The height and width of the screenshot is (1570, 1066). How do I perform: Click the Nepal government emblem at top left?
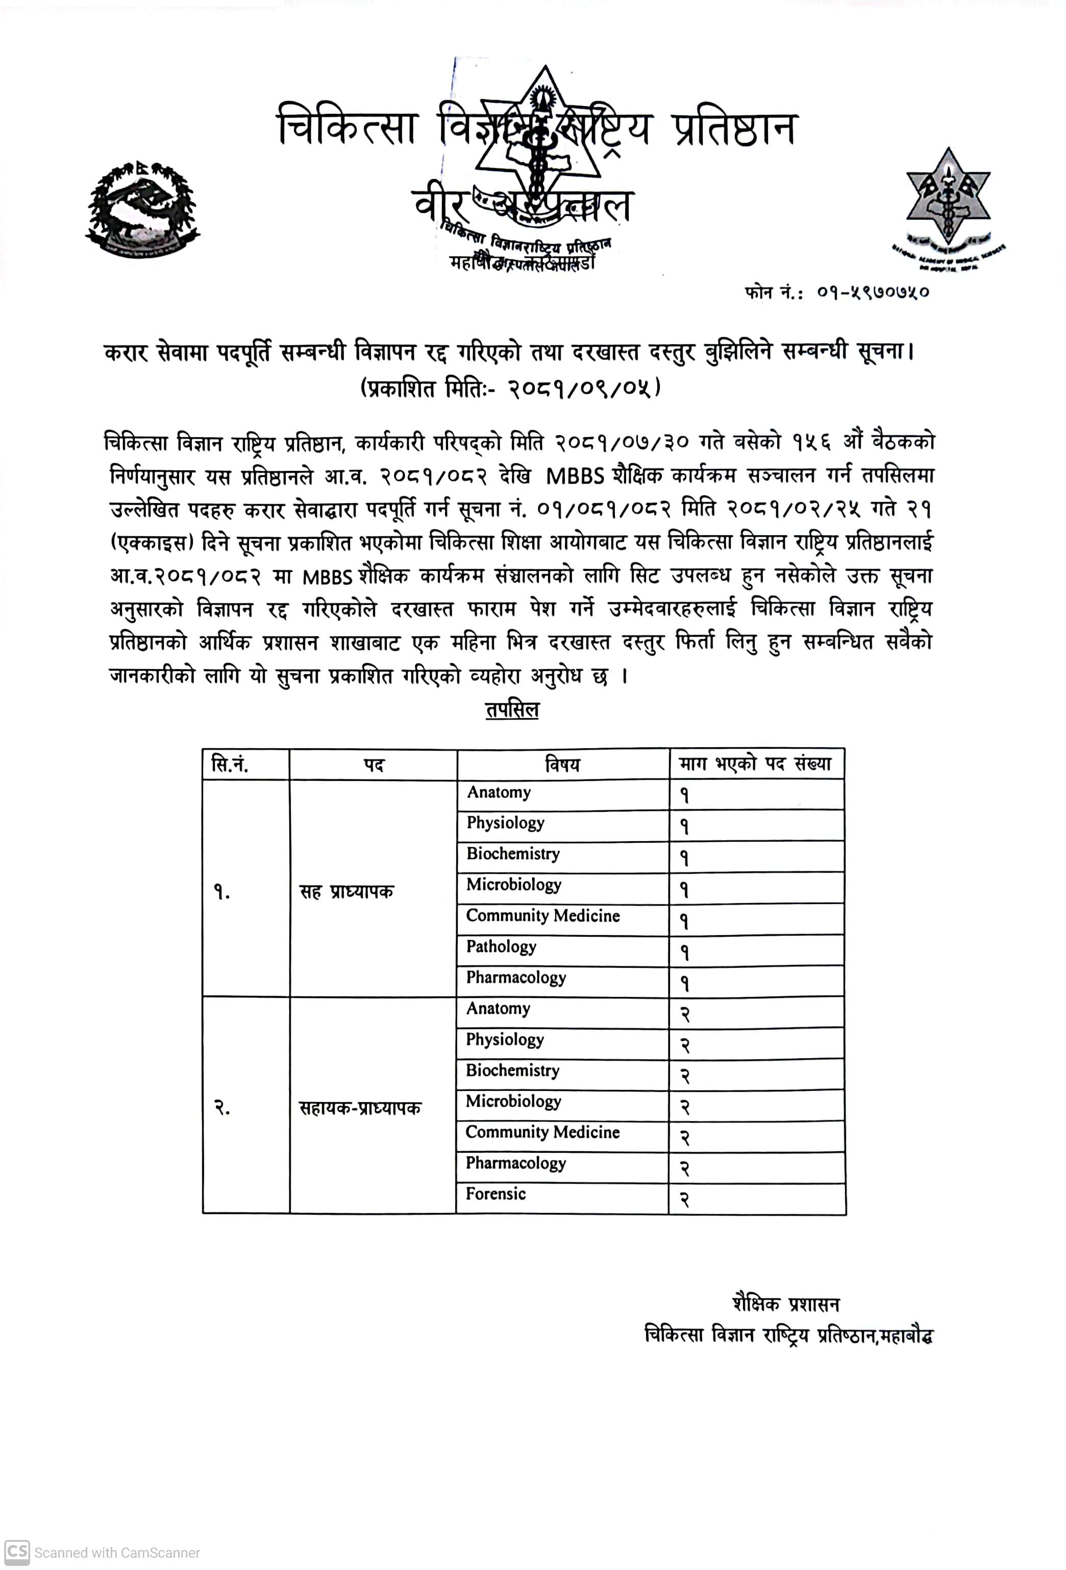point(142,209)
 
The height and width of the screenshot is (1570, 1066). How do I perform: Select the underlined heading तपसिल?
point(512,710)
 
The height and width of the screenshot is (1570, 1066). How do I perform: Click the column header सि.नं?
point(230,765)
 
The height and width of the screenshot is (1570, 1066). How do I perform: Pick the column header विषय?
point(562,765)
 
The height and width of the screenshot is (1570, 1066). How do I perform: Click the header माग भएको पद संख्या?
point(755,764)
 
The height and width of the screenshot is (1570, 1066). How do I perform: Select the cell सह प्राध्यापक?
point(345,892)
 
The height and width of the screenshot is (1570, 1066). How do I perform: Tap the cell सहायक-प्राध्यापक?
point(360,1108)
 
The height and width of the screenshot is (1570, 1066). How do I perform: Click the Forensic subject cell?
point(495,1194)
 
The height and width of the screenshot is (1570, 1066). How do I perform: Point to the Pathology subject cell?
point(501,946)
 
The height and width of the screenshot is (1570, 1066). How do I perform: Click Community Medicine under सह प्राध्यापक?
point(543,915)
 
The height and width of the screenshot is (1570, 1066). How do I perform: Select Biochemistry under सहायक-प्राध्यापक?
point(512,1070)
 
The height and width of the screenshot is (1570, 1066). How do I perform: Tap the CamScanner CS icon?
point(17,1552)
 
